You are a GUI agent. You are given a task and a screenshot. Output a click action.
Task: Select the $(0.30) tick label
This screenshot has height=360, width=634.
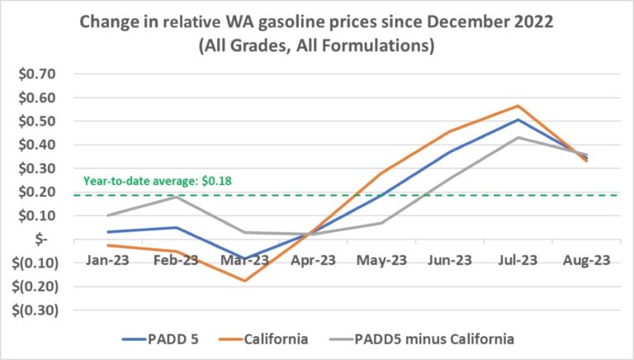pos(30,311)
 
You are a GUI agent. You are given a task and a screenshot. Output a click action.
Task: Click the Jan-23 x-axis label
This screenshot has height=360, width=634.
pos(109,259)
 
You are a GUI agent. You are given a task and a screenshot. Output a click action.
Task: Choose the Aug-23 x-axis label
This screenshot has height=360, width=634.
pos(586,259)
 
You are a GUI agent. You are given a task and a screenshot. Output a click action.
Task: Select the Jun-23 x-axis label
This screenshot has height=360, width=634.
pos(450,259)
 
